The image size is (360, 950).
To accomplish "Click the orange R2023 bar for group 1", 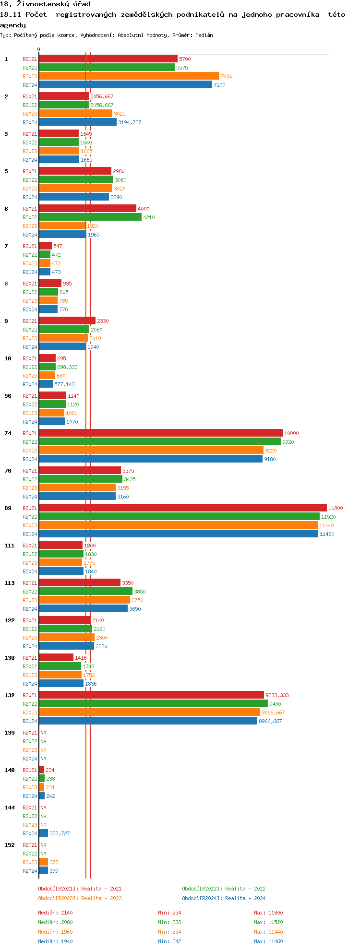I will pos(129,76).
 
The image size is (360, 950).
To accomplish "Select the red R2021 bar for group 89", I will pos(182,508).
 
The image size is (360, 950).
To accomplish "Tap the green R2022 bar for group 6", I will pos(90,217).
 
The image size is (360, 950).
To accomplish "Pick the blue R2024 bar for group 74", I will pos(151,459).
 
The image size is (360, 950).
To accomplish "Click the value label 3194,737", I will pos(130,122).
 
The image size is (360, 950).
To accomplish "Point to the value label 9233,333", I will pos(277,695).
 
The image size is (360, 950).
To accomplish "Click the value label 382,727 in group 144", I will pos(60,833).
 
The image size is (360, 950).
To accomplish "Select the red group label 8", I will pos(6,284).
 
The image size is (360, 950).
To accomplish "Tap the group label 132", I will pos(10,695).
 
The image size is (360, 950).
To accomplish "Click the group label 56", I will pos(8,396).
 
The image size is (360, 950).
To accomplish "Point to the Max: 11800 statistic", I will pos(268,913).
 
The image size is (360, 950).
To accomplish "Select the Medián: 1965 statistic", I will pos(55,932).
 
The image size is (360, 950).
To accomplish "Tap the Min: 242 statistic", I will pos(169,941).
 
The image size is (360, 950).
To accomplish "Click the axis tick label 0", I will pos(39,49).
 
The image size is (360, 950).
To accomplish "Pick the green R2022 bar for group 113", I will pos(85,591).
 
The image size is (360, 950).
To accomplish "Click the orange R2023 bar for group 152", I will pos(43,862).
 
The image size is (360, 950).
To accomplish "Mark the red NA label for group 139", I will pos(43,733).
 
